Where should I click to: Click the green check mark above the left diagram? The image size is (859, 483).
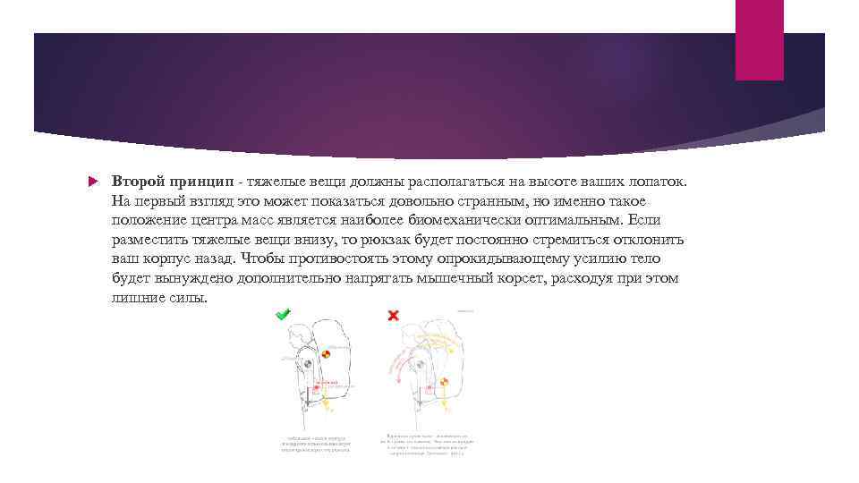[283, 315]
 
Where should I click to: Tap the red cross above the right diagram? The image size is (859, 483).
[392, 316]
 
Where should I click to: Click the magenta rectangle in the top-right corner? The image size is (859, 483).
[759, 39]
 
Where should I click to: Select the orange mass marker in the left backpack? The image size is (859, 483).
[327, 355]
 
